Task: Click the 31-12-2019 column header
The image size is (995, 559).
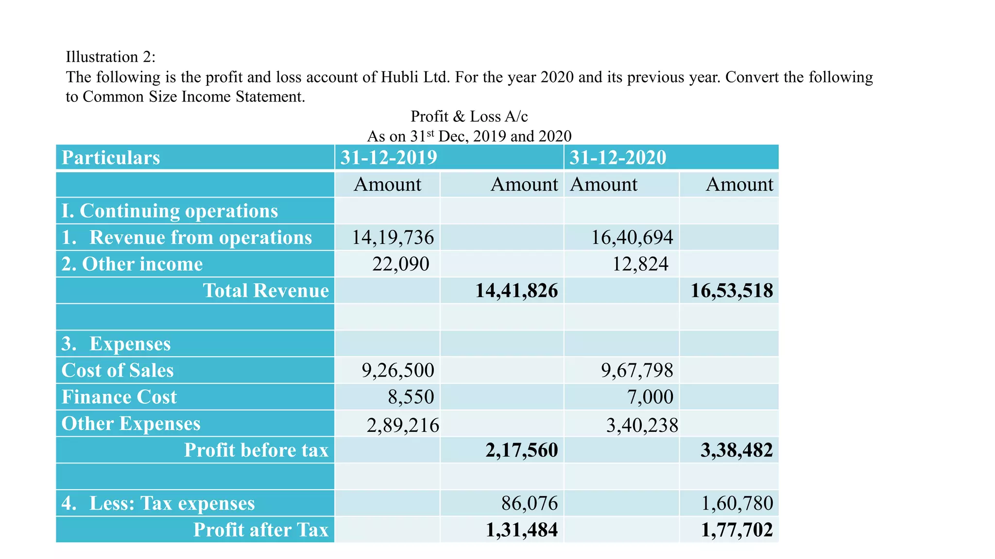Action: (389, 158)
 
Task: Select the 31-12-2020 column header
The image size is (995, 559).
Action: (618, 158)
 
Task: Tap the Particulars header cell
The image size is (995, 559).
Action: (111, 158)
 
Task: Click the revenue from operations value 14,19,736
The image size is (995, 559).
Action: (393, 237)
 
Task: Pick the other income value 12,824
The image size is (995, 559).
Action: (640, 264)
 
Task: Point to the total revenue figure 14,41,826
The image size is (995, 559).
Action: (516, 291)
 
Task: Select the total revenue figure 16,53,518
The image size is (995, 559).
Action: (732, 291)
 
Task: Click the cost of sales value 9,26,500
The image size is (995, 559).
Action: (397, 370)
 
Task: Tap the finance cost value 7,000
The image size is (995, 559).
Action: (650, 397)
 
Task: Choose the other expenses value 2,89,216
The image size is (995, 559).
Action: (402, 425)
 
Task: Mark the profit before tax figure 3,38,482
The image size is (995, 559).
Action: (737, 450)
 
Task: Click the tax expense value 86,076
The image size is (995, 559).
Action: (530, 503)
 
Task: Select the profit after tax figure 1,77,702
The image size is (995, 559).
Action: (737, 530)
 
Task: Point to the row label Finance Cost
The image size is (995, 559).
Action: (119, 397)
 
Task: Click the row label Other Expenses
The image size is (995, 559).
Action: (131, 424)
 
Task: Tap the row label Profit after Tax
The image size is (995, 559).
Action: (261, 530)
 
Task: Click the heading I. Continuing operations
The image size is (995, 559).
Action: (170, 211)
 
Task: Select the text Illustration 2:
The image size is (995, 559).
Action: (111, 57)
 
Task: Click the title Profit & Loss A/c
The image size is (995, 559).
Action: (469, 116)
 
